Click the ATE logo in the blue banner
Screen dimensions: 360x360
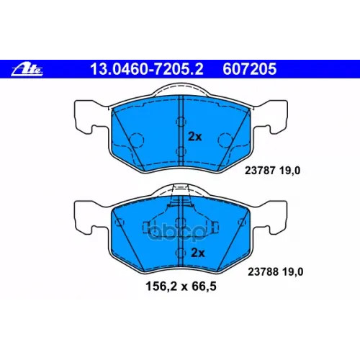(x=27, y=69)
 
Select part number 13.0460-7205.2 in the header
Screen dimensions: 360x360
(x=147, y=69)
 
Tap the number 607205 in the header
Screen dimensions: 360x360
(x=250, y=69)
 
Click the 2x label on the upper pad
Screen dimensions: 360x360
(x=195, y=137)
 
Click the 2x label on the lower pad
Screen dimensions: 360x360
(x=198, y=253)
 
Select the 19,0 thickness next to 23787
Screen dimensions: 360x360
(x=289, y=171)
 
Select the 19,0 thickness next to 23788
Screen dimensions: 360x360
(x=293, y=272)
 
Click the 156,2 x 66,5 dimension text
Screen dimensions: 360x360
(x=181, y=287)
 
